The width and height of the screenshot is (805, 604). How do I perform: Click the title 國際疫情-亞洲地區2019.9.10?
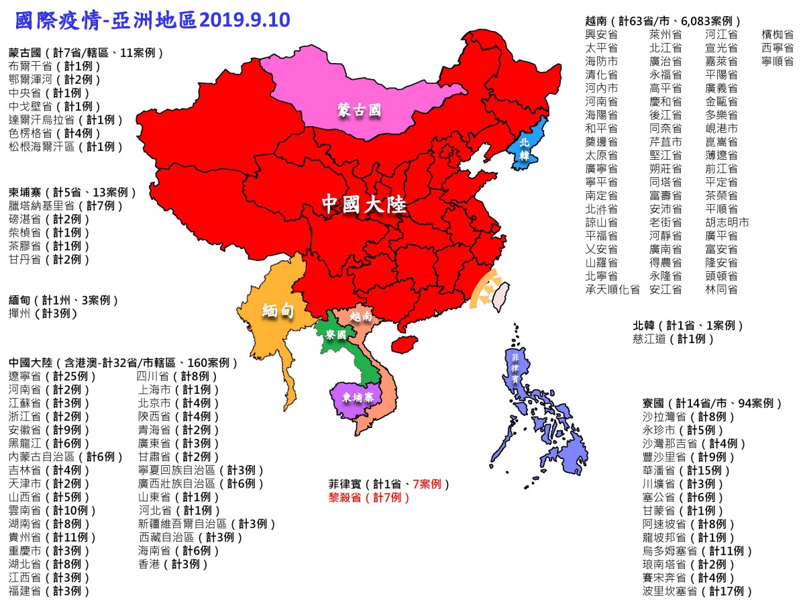(x=152, y=20)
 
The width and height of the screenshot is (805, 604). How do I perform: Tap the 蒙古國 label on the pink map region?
(x=360, y=111)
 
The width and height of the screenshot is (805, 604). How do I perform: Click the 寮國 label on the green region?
(x=335, y=334)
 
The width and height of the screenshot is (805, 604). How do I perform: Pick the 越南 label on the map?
(x=361, y=315)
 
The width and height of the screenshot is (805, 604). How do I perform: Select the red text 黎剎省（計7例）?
(x=368, y=498)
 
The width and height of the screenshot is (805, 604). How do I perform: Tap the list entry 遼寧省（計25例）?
(x=53, y=376)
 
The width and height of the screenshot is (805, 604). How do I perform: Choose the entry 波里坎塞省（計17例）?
(x=697, y=591)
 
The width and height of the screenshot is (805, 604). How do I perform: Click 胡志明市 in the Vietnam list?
(x=727, y=222)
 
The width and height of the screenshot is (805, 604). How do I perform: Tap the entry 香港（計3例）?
(x=173, y=564)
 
